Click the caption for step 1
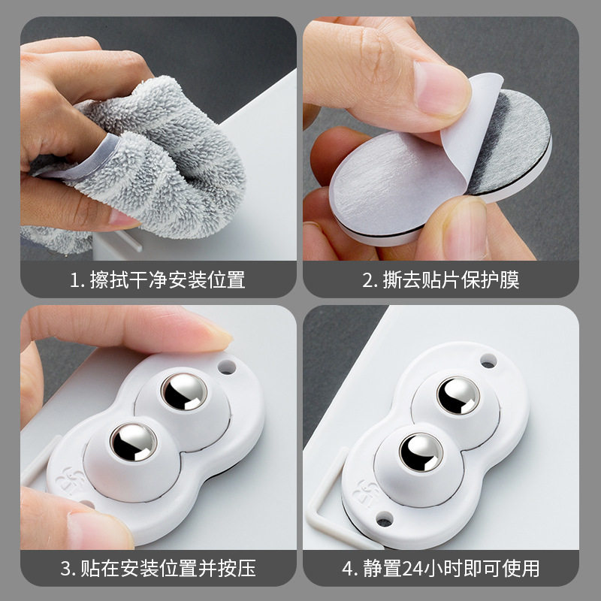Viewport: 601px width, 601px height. click(x=158, y=280)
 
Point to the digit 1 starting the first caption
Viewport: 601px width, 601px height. click(x=74, y=281)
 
